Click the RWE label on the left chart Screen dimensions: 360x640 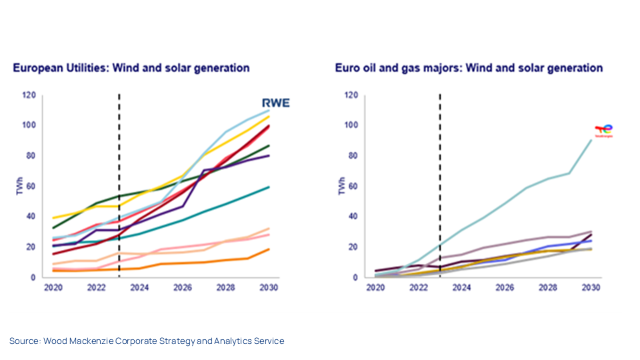(x=274, y=103)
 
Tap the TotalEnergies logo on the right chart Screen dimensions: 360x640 (x=603, y=131)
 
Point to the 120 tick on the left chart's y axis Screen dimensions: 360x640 (x=29, y=95)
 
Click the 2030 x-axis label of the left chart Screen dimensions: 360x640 (x=268, y=289)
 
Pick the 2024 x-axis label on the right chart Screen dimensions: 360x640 (x=461, y=289)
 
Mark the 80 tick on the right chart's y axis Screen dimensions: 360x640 (x=352, y=156)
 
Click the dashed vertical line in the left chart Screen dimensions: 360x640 (x=119, y=167)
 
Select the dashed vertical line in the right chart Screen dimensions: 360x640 (x=440, y=167)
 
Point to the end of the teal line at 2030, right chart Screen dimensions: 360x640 (x=591, y=140)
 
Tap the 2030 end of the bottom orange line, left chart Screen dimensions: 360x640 (x=269, y=249)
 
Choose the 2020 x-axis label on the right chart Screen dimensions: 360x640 (x=375, y=289)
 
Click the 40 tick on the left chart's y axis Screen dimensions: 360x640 (x=31, y=217)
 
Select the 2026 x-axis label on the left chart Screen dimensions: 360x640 (x=182, y=289)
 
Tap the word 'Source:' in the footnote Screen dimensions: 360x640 (x=25, y=341)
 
